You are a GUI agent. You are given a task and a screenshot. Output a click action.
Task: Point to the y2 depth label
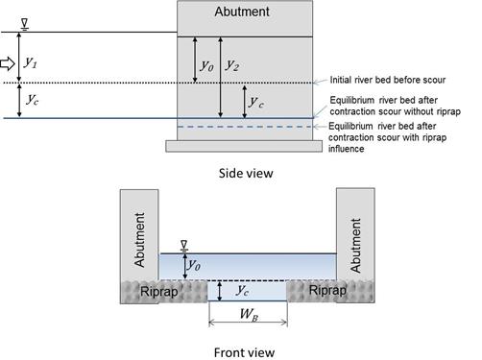pos(232,64)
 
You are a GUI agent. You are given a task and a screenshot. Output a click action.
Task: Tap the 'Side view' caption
pos(245,173)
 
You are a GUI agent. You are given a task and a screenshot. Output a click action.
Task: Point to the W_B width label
pos(248,313)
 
